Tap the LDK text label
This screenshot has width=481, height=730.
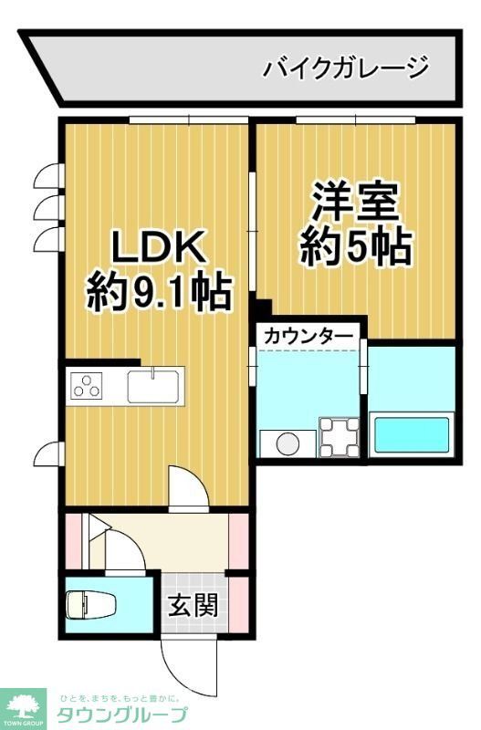pos(162,246)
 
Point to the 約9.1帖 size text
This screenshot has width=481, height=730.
pos(159,294)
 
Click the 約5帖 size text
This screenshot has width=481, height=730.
pos(355,247)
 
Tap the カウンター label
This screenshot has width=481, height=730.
pos(308,337)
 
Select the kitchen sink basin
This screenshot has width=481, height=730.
pos(155,387)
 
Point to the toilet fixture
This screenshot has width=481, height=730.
pos(89,605)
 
